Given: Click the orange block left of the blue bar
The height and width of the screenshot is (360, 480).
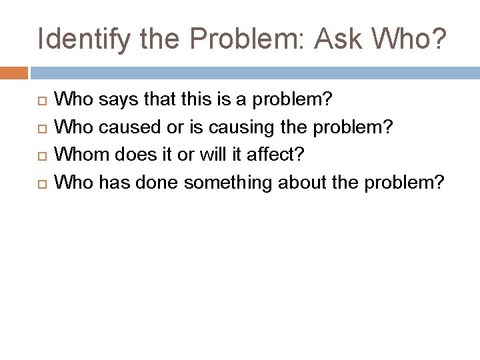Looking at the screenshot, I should (13, 72).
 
